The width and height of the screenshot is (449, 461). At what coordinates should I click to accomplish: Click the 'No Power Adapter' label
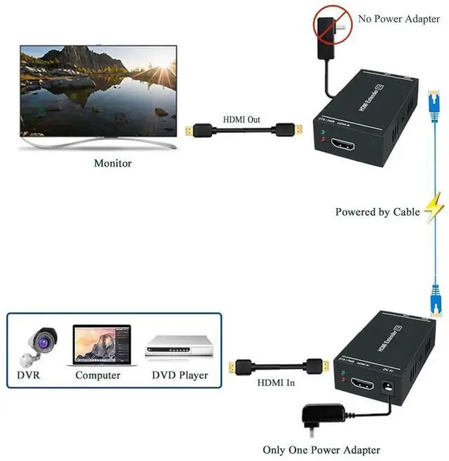coord(398,19)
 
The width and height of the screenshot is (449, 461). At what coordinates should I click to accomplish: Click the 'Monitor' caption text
coord(112,163)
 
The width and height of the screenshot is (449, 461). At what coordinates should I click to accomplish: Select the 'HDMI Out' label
coord(241,120)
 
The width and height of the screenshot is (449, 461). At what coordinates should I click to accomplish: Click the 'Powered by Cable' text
coord(377,212)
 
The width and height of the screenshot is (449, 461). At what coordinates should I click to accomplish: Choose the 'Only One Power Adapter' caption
coord(321,450)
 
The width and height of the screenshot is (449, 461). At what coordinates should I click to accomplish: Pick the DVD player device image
coord(178,347)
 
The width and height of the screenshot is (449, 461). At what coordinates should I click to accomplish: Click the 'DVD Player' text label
coord(180,375)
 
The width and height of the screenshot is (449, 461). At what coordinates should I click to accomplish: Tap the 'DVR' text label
coord(28,375)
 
